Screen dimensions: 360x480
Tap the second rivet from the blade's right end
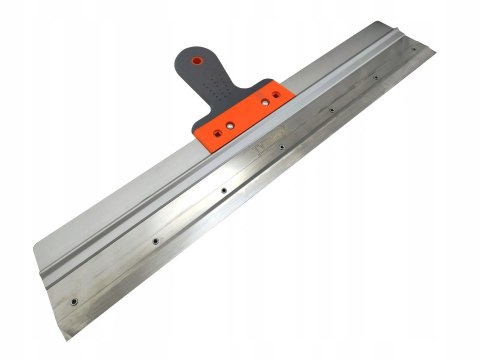pyautogui.click(x=375, y=76)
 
